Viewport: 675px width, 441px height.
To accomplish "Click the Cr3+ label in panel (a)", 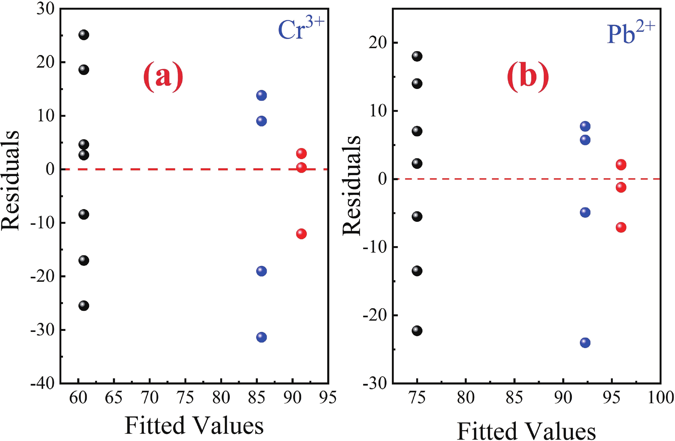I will click(301, 30).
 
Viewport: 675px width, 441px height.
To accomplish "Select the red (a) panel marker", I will click(163, 77).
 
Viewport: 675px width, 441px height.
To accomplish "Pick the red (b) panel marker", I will click(528, 77).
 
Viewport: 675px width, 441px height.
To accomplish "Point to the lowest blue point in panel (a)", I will click(261, 337).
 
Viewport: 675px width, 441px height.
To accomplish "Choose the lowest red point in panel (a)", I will click(301, 234).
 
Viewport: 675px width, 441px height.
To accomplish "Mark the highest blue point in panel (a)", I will click(261, 95).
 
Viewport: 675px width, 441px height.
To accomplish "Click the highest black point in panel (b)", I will click(417, 56).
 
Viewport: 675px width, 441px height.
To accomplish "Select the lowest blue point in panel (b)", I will click(585, 343).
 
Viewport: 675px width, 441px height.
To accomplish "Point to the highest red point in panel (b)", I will click(621, 164).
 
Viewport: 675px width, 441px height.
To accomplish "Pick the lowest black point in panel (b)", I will click(417, 331).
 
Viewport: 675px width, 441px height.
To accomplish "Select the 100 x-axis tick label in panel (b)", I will click(660, 398).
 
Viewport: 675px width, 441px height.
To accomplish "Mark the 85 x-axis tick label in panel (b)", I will click(514, 398).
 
